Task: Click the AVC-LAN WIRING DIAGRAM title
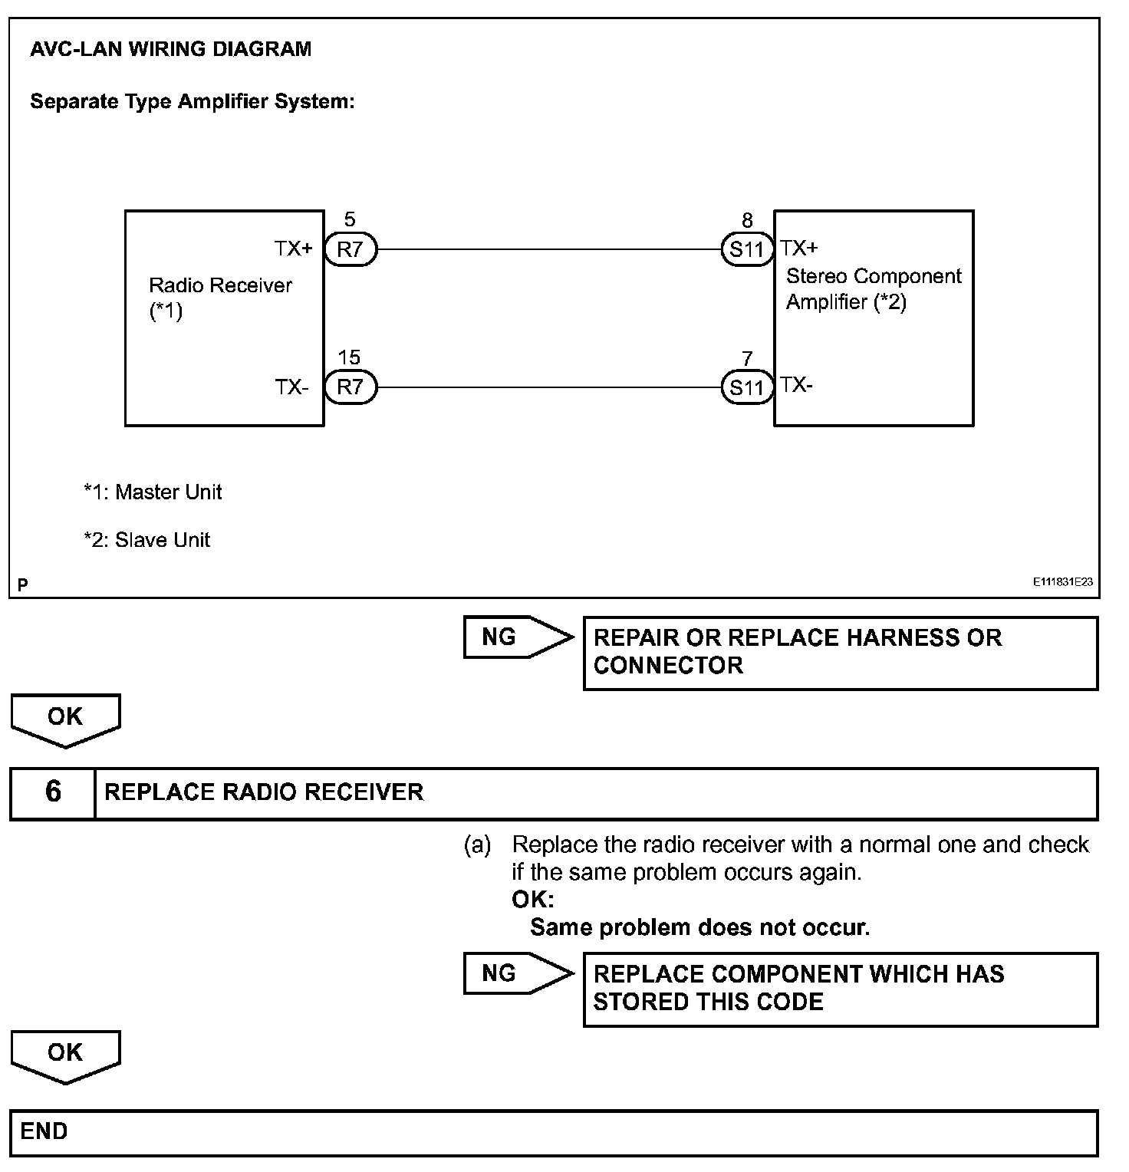(170, 49)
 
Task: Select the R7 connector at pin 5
(350, 249)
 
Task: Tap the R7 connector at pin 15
(350, 387)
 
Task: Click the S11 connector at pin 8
(747, 249)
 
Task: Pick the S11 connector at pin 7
(747, 387)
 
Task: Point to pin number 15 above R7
(349, 357)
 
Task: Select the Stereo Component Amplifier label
(874, 289)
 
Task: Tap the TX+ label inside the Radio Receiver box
(294, 249)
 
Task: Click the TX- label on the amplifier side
(797, 385)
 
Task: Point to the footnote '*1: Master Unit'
(153, 492)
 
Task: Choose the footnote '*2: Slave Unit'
(146, 540)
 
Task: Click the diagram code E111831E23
(1062, 582)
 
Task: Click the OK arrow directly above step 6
(65, 719)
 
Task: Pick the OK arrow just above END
(65, 1055)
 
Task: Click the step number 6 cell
(52, 792)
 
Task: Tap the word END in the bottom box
(44, 1131)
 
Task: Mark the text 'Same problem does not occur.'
(699, 927)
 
